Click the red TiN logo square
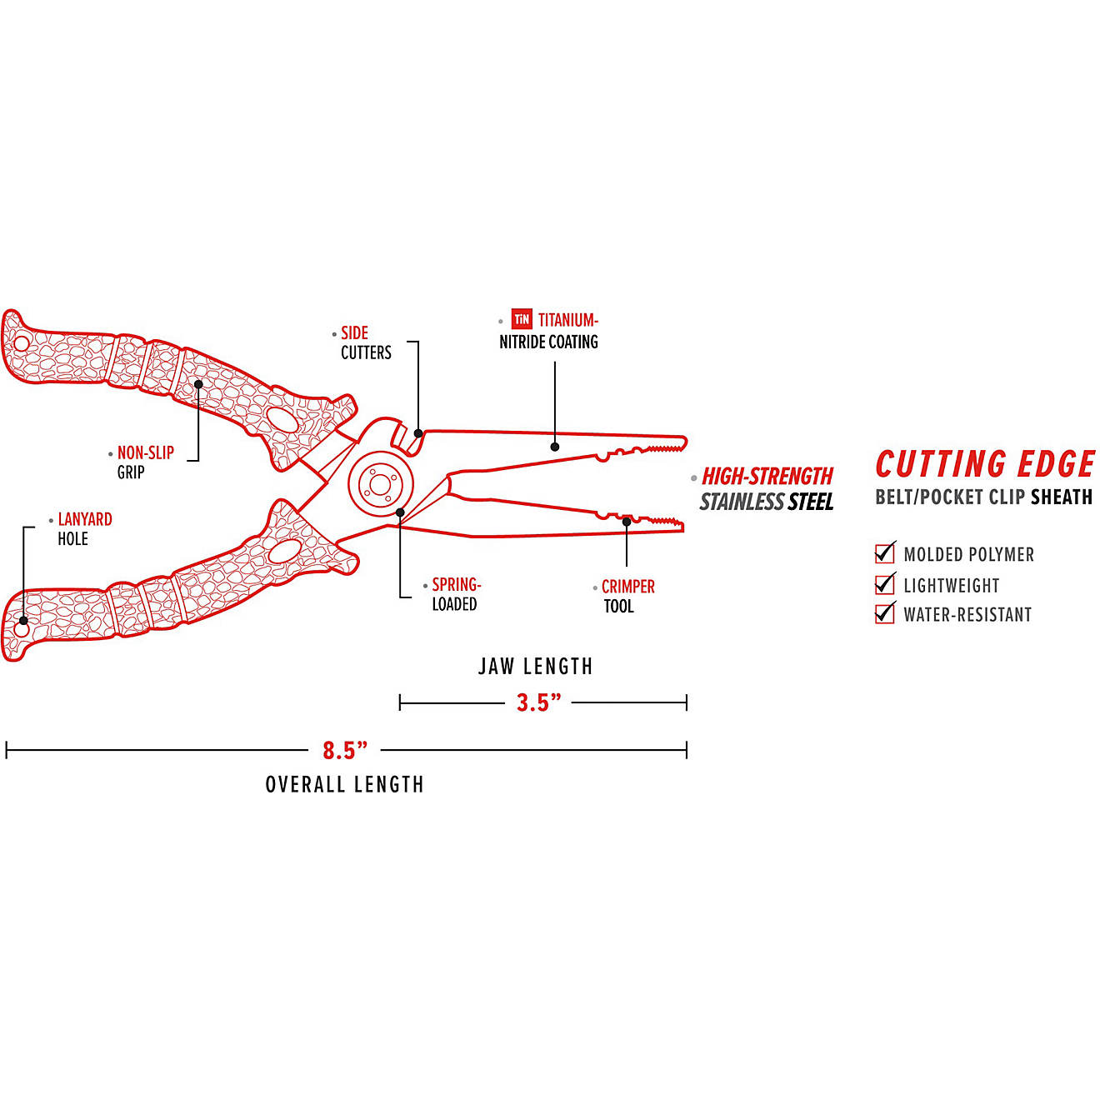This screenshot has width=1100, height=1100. tap(522, 319)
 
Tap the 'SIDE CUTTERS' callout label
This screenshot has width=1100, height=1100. tap(365, 342)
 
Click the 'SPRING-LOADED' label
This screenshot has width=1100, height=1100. tap(456, 594)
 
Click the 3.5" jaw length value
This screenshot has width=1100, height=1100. tap(538, 702)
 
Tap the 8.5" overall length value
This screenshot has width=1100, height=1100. tap(345, 751)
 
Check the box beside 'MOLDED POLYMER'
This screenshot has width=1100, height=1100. tap(885, 553)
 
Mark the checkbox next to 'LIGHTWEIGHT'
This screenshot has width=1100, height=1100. tap(885, 584)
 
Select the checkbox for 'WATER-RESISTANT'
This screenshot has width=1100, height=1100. tap(885, 614)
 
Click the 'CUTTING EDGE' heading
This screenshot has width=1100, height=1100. tap(985, 464)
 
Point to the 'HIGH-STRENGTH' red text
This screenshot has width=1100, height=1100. tap(767, 476)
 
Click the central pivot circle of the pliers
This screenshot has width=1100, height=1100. tap(381, 484)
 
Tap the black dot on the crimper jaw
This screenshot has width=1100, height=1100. tap(627, 522)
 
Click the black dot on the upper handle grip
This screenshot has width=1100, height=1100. tap(198, 384)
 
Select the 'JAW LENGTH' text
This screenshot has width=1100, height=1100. tap(535, 667)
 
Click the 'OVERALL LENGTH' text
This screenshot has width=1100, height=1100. tap(344, 784)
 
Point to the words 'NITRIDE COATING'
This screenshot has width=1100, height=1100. tap(548, 342)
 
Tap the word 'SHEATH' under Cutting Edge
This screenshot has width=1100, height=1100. tap(1061, 497)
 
